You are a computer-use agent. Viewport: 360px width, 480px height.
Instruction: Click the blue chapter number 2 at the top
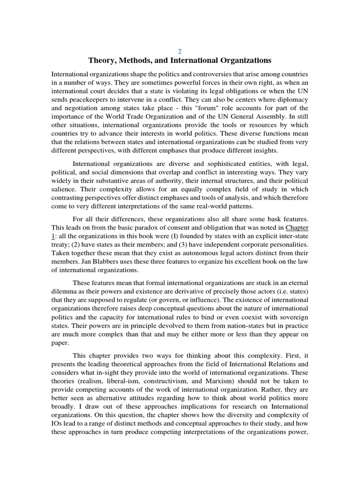[x=180, y=51]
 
